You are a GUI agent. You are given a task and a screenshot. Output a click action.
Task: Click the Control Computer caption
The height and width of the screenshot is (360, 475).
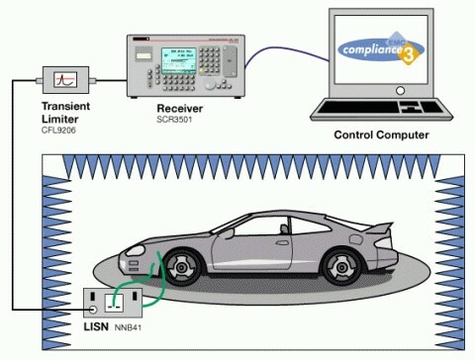[x=381, y=135]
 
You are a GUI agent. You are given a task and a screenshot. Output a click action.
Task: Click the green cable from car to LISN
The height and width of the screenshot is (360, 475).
[x=148, y=276]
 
